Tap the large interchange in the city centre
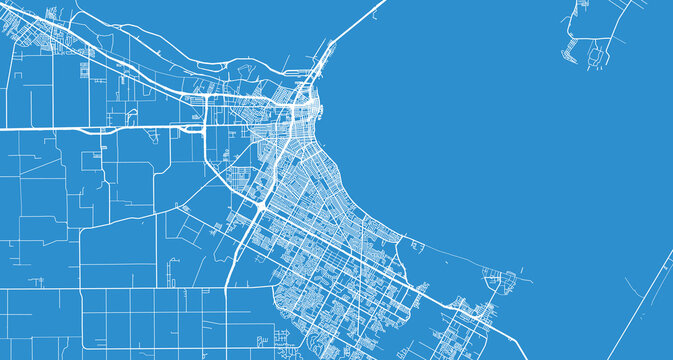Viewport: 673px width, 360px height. pyautogui.click(x=259, y=205)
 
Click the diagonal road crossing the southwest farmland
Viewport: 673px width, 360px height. pyautogui.click(x=150, y=215)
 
